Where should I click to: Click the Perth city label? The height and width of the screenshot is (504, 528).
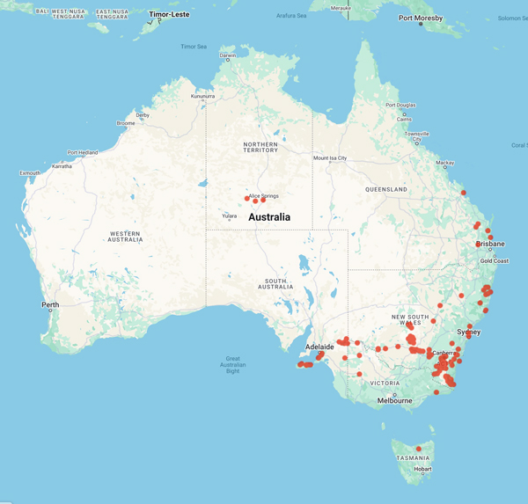[50, 305]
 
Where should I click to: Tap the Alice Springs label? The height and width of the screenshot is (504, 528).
[263, 195]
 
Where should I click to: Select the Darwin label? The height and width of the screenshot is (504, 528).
[228, 55]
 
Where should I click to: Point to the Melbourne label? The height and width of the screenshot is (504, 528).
[395, 400]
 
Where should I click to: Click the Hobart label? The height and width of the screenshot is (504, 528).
[424, 469]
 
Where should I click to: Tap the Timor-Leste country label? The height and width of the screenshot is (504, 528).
[170, 14]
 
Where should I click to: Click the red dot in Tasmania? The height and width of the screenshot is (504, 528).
[419, 449]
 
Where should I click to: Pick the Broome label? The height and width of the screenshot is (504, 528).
[126, 123]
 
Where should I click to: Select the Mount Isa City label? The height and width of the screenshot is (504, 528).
[330, 158]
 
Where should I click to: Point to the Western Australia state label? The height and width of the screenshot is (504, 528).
[124, 236]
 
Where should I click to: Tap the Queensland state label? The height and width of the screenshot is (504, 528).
[385, 189]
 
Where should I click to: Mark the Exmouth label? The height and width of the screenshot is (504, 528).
[31, 173]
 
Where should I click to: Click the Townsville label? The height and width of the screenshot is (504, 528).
[417, 132]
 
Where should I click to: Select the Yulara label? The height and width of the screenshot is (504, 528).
[229, 216]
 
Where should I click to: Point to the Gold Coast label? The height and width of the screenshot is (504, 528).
[494, 260]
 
